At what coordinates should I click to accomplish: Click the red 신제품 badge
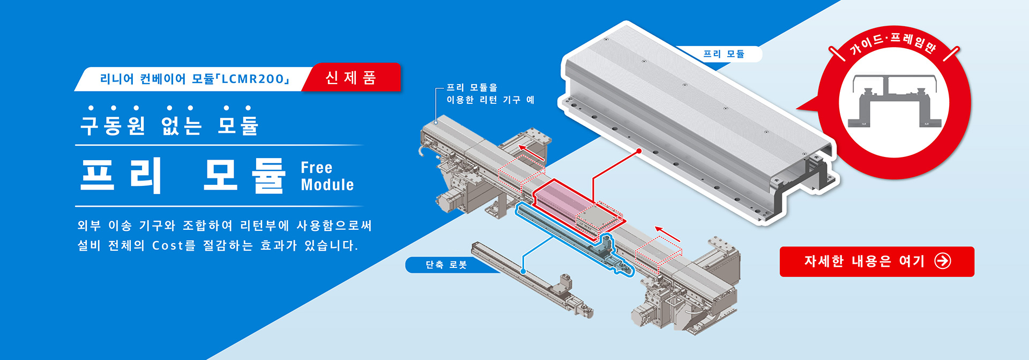(x=351, y=78)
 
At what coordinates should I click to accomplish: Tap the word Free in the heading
(x=316, y=168)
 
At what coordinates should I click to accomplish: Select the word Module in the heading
(x=327, y=185)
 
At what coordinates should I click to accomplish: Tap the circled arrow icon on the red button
(x=942, y=261)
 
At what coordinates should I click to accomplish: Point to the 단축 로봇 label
(x=446, y=265)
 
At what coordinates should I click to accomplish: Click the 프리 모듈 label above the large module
(x=724, y=54)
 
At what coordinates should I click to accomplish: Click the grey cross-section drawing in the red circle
(x=894, y=102)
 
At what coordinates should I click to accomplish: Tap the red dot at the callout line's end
(x=639, y=151)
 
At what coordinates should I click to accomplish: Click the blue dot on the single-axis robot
(x=523, y=272)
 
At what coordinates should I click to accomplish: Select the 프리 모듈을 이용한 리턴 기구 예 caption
(x=490, y=94)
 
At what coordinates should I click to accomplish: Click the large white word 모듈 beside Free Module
(x=244, y=175)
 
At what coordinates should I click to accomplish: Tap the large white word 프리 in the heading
(x=121, y=175)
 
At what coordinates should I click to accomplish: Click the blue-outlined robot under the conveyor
(x=573, y=238)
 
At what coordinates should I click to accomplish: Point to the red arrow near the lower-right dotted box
(x=667, y=234)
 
